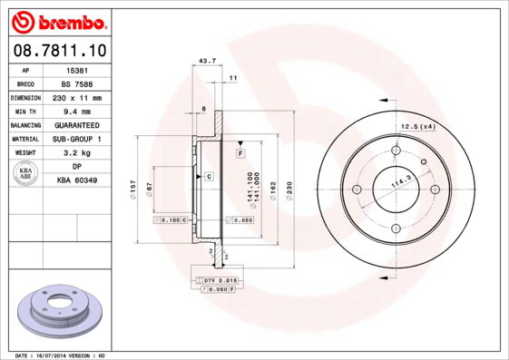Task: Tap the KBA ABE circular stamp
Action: click(26, 174)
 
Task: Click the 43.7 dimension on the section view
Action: click(207, 61)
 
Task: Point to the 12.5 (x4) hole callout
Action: click(418, 126)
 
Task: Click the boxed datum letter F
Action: click(240, 154)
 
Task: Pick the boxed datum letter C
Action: click(209, 175)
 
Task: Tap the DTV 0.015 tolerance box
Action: click(219, 281)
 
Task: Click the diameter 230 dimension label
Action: click(289, 190)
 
